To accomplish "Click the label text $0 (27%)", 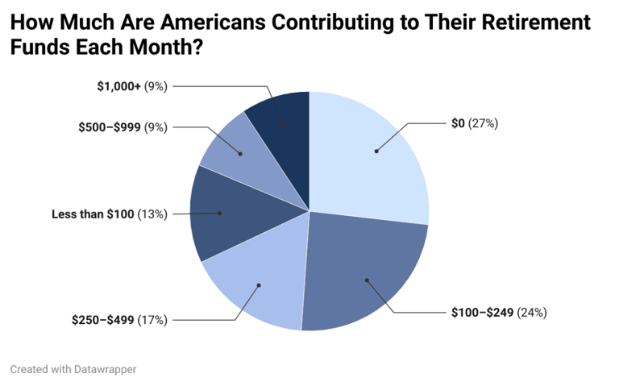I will (x=475, y=123).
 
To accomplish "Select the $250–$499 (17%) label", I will (x=119, y=320).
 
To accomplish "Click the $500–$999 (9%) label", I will (x=123, y=127).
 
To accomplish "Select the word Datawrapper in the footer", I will (x=107, y=369).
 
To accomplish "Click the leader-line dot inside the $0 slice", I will (x=376, y=151).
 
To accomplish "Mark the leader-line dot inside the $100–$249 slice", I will (x=367, y=280).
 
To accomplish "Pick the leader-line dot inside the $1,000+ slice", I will (x=284, y=125).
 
